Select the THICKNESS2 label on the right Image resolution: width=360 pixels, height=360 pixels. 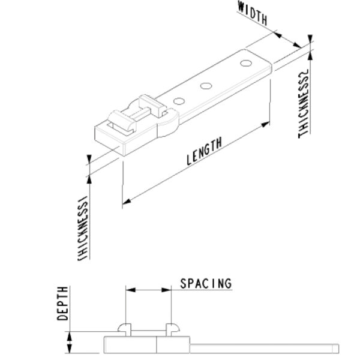[x=304, y=104]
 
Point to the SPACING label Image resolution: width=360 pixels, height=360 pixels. [x=206, y=283]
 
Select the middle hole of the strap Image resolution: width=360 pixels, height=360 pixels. [x=206, y=85]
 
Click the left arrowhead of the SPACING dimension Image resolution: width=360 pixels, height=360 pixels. [x=128, y=289]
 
